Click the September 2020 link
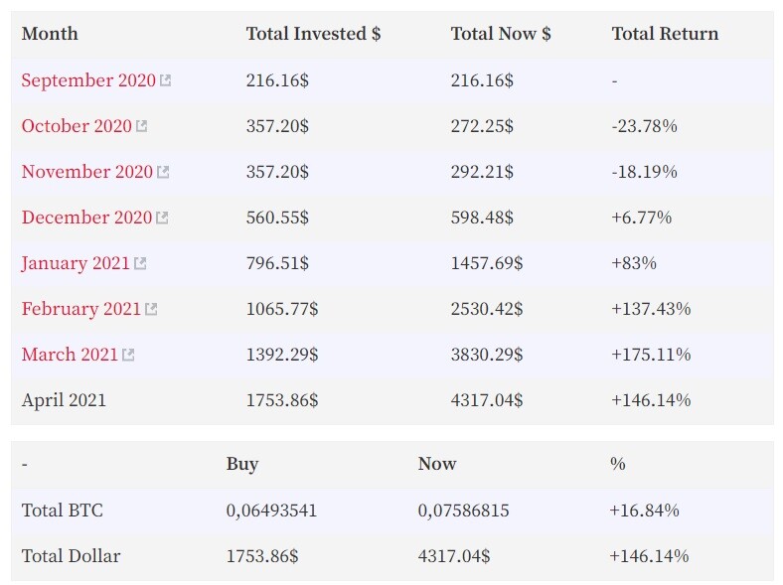click(88, 80)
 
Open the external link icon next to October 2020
click(142, 126)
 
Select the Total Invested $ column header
click(314, 34)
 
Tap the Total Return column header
click(665, 34)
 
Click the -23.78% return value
click(644, 126)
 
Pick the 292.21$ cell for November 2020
click(482, 172)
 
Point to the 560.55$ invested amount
click(277, 218)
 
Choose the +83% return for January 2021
click(634, 263)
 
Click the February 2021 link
click(80, 309)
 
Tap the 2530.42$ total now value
click(487, 309)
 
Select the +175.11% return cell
click(651, 355)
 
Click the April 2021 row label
click(64, 400)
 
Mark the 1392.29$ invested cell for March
click(282, 355)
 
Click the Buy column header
click(242, 464)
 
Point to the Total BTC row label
click(62, 511)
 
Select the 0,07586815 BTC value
click(463, 511)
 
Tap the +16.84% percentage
click(644, 511)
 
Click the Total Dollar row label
click(71, 556)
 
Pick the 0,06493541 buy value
click(271, 511)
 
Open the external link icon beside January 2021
click(140, 263)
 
